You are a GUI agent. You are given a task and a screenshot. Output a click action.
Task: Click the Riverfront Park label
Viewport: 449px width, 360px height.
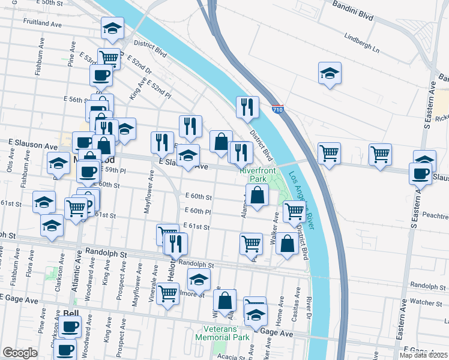pos(253,175)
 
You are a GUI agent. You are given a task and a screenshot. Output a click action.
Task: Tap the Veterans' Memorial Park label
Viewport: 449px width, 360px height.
pos(222,333)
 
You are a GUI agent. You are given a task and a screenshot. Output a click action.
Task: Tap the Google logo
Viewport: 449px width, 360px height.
pos(20,353)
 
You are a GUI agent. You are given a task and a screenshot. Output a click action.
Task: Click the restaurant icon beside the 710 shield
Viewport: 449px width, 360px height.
pos(247,107)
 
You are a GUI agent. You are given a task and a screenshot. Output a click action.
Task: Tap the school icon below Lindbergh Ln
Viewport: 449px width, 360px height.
pos(330,73)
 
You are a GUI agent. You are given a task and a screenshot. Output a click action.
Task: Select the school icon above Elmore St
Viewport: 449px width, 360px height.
pos(199,278)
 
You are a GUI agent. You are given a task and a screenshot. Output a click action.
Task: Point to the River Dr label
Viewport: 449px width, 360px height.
pos(309,305)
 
